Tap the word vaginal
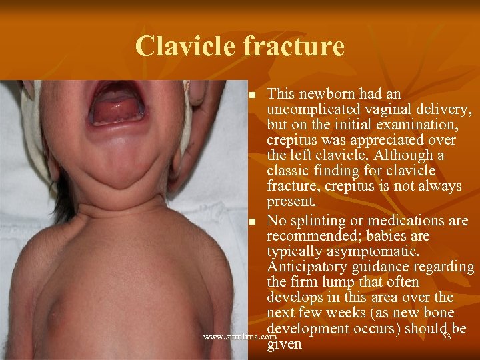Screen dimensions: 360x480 point(378,109)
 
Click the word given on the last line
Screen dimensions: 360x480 point(283,345)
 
